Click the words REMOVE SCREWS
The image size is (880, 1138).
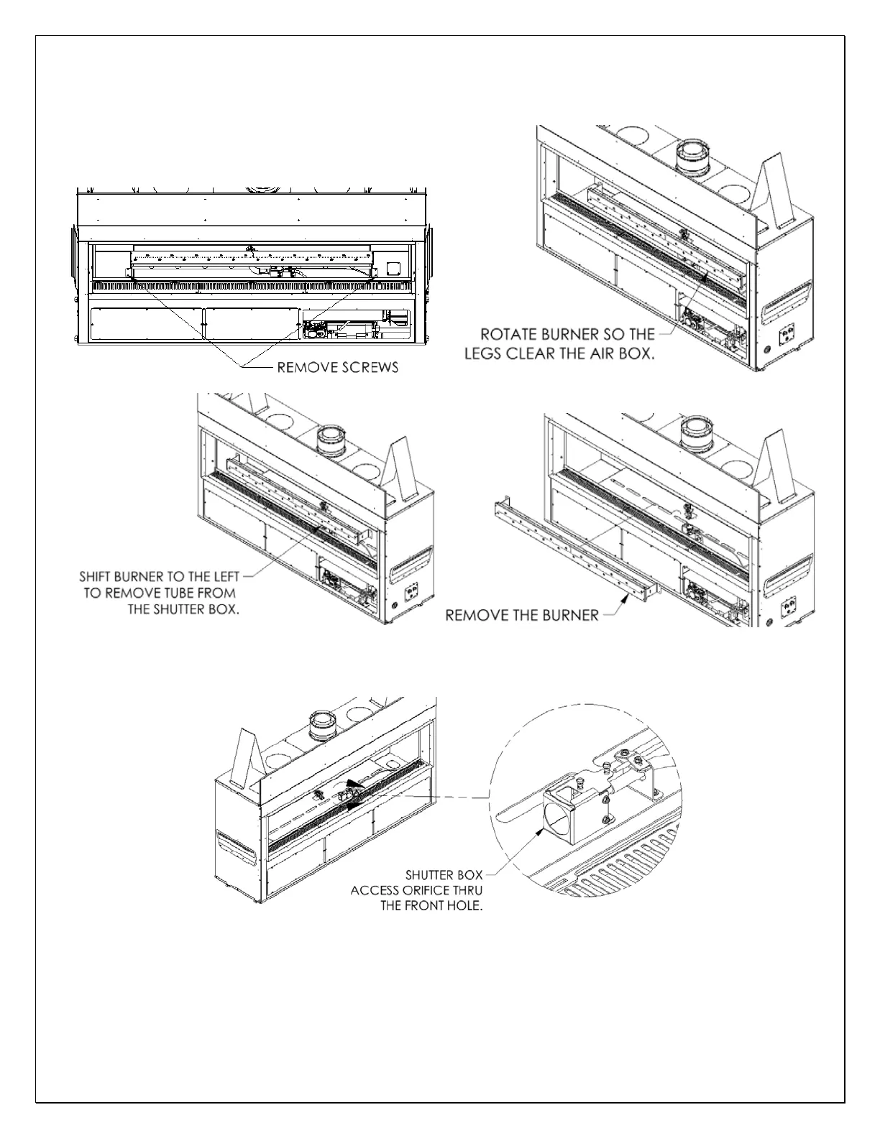point(337,368)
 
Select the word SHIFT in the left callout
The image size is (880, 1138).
point(98,576)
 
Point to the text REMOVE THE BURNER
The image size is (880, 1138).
point(522,615)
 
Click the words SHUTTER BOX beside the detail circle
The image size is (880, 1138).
point(439,876)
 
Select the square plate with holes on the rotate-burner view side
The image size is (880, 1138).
point(789,331)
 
